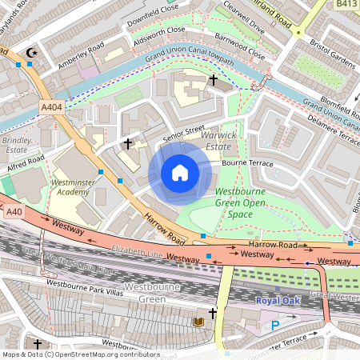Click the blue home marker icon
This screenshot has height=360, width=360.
tap(180, 173)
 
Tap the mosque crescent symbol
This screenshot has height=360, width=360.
tap(31, 53)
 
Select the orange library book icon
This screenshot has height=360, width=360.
tap(199, 322)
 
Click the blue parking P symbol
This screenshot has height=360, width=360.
tap(276, 326)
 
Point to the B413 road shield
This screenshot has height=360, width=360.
tap(346, 4)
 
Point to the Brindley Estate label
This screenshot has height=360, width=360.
tap(17, 144)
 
